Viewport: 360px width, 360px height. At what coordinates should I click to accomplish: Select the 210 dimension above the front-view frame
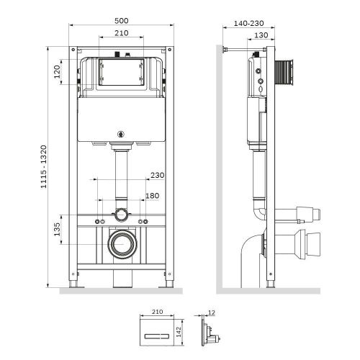(122, 33)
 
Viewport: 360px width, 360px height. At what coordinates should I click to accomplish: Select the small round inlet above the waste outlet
(123, 215)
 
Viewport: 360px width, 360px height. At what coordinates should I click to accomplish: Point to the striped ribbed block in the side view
(285, 72)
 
